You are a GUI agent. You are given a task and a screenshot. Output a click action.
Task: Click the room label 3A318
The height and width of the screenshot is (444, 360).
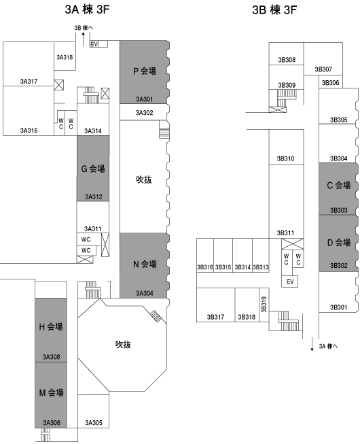[x=65, y=57]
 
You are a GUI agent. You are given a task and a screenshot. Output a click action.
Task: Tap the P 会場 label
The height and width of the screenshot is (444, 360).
[x=145, y=71]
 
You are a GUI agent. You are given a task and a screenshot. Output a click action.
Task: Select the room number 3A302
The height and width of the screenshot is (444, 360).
[x=144, y=113]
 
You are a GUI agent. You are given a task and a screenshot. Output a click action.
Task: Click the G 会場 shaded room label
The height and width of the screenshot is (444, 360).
[x=93, y=169]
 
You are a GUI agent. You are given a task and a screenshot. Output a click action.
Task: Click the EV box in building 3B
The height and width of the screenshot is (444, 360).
[x=290, y=281]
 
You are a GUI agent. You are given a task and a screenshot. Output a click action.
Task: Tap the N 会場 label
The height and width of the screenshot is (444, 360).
[x=145, y=264]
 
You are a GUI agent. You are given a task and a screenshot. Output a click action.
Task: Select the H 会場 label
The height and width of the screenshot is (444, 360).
[x=51, y=327]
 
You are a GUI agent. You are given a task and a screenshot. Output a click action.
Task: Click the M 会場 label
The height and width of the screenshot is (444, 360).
[x=51, y=393]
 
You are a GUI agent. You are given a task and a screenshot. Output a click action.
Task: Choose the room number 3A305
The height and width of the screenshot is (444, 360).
[x=94, y=423]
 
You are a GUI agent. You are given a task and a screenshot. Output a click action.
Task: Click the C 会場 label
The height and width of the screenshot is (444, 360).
[x=338, y=185]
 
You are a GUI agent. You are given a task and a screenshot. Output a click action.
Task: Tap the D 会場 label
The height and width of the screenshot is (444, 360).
[x=338, y=242]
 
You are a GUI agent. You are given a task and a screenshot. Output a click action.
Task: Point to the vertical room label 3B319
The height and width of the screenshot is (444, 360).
[x=264, y=305]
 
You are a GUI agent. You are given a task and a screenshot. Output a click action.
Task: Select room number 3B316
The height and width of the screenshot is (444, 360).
[x=204, y=267]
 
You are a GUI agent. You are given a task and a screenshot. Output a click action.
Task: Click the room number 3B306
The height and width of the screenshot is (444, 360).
[x=330, y=83]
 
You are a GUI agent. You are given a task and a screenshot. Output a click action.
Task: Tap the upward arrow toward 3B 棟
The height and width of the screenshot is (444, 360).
[x=83, y=39]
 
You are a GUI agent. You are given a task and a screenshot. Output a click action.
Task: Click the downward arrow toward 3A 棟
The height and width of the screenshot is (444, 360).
[x=312, y=344]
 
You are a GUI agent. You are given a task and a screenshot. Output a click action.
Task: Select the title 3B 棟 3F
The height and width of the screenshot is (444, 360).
[x=274, y=10]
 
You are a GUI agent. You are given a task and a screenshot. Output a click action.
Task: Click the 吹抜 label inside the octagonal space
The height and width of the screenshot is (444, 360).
[x=123, y=345]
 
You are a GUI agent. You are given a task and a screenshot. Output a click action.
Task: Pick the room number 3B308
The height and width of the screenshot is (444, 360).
[x=287, y=60]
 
